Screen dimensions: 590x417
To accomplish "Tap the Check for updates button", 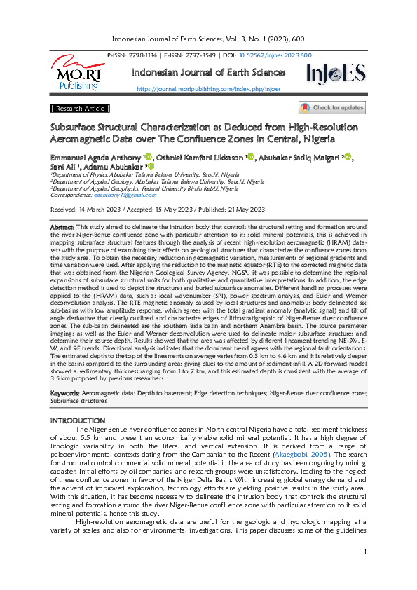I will (x=332, y=108).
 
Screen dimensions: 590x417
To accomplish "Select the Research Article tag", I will (x=80, y=109).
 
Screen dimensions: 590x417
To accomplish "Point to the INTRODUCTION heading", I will (x=78, y=420).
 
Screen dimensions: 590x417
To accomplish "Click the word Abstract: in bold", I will (x=62, y=228).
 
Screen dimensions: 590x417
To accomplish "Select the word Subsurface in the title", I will (x=77, y=128).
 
